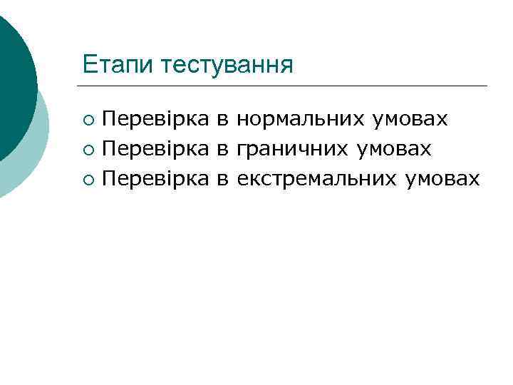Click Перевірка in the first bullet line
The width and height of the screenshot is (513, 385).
156,118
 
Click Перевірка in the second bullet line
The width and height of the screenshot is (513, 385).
156,148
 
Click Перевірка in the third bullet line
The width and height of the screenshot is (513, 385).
156,178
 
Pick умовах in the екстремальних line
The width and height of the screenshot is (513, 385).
442,178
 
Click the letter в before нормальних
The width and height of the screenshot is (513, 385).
222,119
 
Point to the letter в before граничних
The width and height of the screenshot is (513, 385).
222,149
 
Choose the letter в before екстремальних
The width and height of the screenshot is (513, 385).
222,179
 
